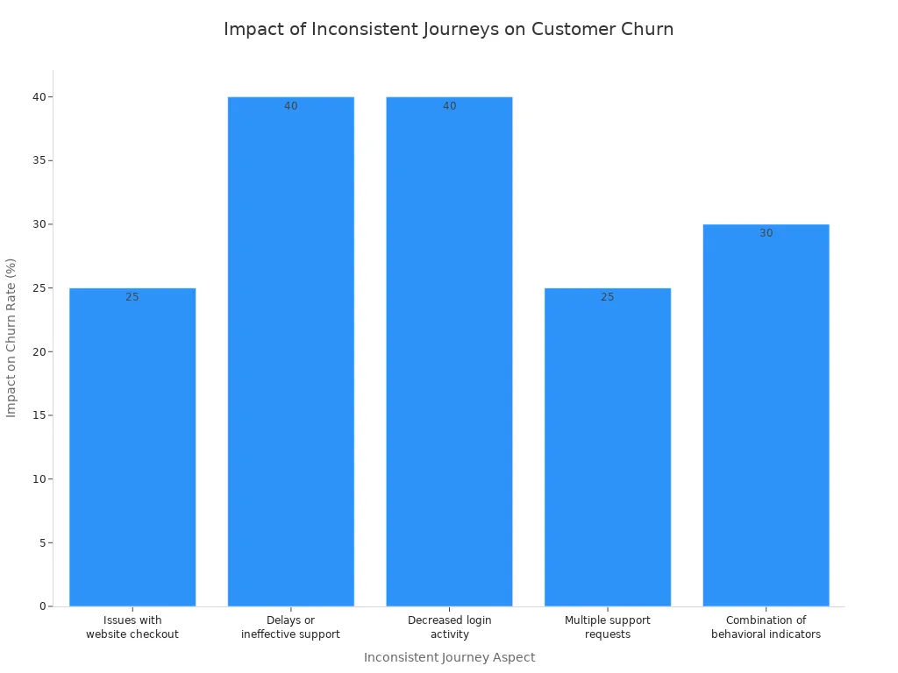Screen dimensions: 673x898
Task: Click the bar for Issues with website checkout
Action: point(132,447)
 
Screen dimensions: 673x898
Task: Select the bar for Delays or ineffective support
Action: point(290,351)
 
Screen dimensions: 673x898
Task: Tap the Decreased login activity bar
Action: point(449,351)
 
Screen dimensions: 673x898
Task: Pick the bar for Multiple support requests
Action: point(608,447)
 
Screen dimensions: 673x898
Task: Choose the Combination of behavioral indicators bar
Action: point(766,415)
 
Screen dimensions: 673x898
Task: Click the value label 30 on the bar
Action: point(766,233)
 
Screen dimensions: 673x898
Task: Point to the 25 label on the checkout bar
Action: point(132,297)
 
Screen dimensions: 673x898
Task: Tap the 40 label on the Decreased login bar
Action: point(450,106)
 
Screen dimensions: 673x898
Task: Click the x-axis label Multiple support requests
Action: point(608,627)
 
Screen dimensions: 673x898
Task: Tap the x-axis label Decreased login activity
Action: point(450,627)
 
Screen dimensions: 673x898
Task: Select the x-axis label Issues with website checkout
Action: point(132,627)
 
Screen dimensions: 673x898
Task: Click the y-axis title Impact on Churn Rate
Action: point(11,337)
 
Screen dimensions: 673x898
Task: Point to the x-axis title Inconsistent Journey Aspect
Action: point(449,657)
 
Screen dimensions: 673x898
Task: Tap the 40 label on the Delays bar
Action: point(291,106)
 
